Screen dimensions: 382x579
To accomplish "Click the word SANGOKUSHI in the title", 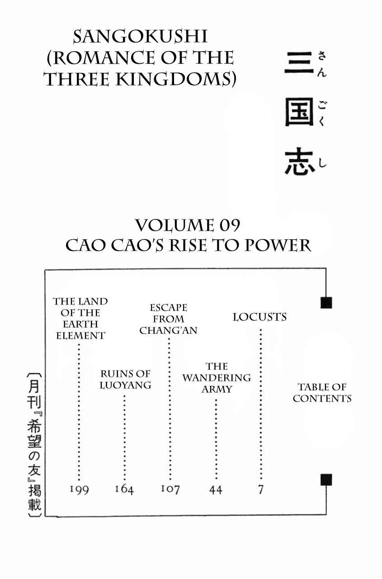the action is point(141,37).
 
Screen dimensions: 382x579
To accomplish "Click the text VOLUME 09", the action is point(188,225).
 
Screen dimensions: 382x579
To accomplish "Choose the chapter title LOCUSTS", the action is point(260,317).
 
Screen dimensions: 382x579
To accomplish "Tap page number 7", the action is point(261,489).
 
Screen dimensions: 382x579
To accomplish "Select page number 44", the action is point(216,490).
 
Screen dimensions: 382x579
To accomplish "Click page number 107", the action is point(170,489).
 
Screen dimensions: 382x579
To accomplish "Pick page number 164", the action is point(124,489).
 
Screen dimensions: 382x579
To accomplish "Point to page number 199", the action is point(79,489).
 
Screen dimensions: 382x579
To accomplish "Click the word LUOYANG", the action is point(126,385).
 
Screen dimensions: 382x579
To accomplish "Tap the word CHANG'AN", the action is point(169,331).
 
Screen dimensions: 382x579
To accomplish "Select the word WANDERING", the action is point(217,378).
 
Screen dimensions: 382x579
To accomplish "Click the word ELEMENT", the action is point(80,336).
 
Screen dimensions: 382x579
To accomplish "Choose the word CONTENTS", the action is point(322,399).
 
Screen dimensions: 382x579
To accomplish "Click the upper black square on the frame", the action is point(326,303).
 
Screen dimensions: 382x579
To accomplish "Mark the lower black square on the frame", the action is point(326,480).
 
